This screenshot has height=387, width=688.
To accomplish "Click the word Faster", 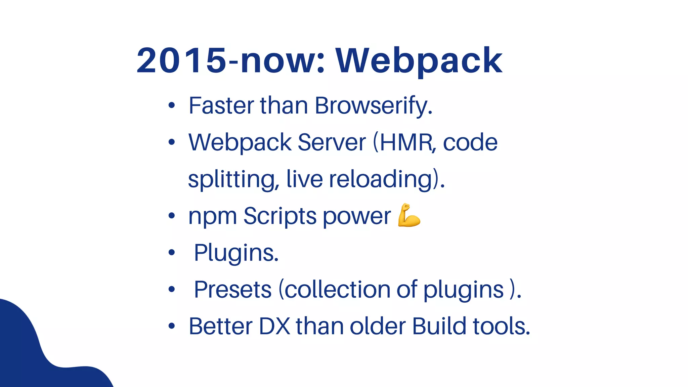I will pyautogui.click(x=221, y=106).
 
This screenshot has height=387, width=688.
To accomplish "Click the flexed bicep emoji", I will pyautogui.click(x=409, y=215).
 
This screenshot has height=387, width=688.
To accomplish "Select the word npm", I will pyautogui.click(x=213, y=216).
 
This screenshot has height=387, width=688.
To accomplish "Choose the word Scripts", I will pyautogui.click(x=280, y=216).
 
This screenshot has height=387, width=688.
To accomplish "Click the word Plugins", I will pyautogui.click(x=236, y=253).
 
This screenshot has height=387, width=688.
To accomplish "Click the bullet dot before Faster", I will pyautogui.click(x=172, y=106).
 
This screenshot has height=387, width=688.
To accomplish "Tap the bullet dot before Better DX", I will pyautogui.click(x=172, y=326).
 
